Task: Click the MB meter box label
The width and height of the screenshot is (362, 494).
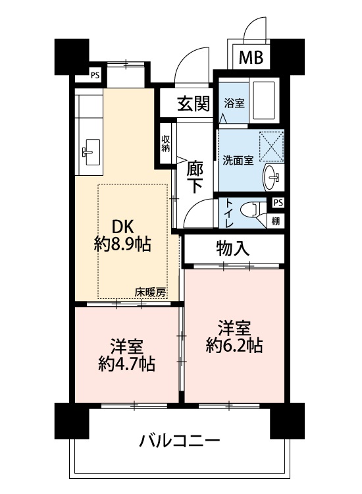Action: point(251,57)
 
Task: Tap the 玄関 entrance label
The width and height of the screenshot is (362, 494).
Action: point(194,103)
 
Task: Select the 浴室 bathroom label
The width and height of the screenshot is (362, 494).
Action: point(234,103)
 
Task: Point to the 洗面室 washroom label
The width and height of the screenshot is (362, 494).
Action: point(238,160)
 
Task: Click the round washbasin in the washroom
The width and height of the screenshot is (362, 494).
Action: point(271,177)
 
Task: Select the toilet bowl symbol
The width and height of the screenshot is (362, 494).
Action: point(250,209)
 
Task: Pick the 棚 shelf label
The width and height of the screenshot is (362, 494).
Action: point(275,221)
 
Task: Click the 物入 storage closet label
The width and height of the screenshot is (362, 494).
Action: point(233,249)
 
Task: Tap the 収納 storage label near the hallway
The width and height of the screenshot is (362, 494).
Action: point(166,144)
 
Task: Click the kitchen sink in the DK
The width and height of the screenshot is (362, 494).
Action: point(91,152)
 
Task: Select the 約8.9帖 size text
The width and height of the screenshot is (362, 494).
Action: point(122,244)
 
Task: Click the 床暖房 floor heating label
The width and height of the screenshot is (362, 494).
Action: point(150,292)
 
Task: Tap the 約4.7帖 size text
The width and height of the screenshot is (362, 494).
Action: point(126,364)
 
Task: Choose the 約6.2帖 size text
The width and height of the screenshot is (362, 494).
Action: point(234,346)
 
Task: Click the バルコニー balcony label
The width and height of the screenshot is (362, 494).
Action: point(180,441)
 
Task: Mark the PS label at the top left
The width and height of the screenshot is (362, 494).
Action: point(95,75)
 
